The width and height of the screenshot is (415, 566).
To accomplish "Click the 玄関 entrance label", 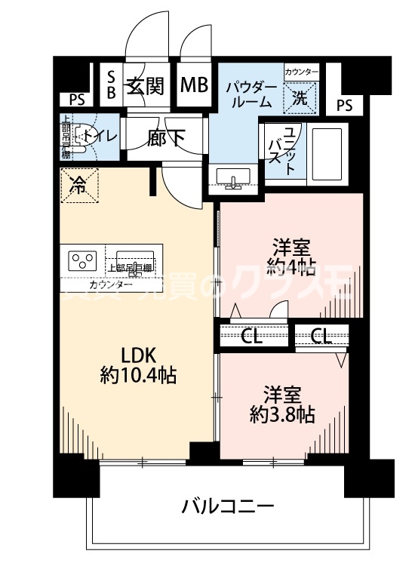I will [145, 86].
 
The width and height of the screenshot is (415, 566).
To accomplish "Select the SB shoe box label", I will [110, 85].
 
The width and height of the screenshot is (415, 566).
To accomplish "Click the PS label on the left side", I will [76, 99].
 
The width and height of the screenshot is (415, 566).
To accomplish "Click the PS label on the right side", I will [344, 105].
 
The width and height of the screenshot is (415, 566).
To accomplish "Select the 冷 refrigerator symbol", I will [78, 183].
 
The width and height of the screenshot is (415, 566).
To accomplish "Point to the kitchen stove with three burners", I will [84, 261].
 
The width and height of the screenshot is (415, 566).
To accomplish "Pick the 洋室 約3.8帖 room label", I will [282, 404].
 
